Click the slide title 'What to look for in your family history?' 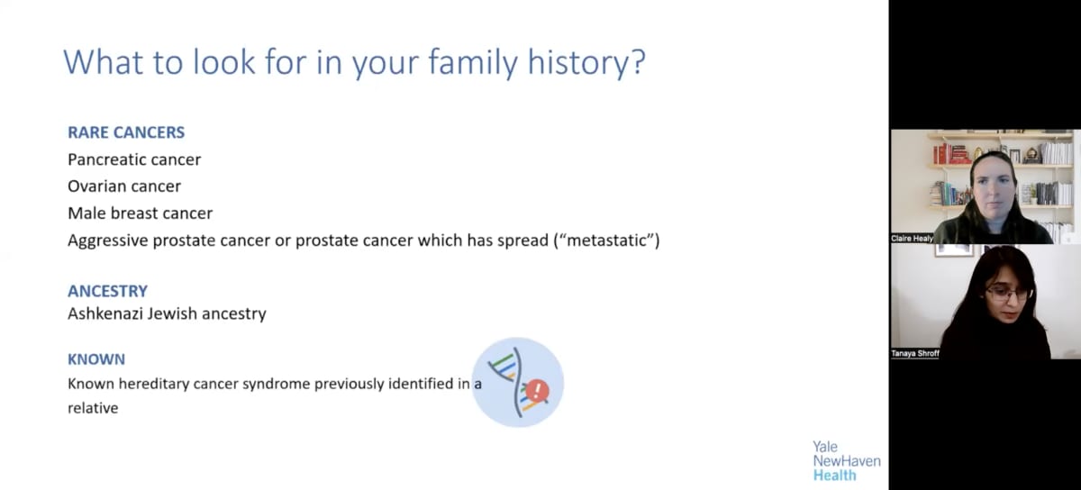tap(353, 63)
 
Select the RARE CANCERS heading tap(126, 132)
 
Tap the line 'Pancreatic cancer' tap(134, 159)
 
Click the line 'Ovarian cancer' tap(124, 186)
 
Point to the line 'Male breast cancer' tap(140, 213)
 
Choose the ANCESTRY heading tap(107, 291)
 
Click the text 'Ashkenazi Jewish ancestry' tap(167, 314)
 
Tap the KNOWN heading tap(96, 359)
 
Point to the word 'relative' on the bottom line tap(93, 408)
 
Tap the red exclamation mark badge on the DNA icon tap(538, 390)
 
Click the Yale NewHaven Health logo tap(846, 460)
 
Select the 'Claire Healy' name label tap(913, 239)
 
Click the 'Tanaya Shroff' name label tap(915, 354)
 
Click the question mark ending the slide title tap(638, 63)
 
